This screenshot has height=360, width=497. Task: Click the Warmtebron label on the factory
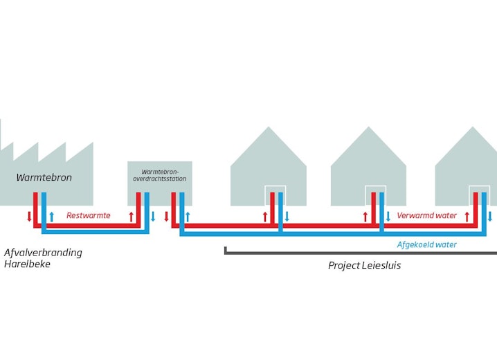click(44, 178)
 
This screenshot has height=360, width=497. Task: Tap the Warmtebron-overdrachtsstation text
click(160, 174)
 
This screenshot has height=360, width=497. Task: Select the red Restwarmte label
click(89, 216)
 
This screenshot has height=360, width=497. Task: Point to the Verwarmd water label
click(426, 216)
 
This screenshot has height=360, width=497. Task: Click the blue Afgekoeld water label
click(426, 244)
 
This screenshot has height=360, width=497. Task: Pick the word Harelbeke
click(28, 264)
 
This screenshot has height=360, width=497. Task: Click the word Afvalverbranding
click(43, 253)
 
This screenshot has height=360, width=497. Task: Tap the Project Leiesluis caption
click(364, 265)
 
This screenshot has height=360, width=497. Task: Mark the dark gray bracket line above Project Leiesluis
click(360, 253)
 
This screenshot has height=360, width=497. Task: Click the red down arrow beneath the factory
click(29, 216)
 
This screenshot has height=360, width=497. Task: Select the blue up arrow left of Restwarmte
click(51, 217)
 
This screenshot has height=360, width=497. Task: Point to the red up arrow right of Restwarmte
click(131, 217)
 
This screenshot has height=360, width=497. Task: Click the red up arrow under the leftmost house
click(265, 217)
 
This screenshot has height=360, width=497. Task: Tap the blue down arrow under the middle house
click(388, 217)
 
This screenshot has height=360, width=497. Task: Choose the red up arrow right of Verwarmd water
click(467, 217)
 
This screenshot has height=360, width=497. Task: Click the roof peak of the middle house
click(369, 128)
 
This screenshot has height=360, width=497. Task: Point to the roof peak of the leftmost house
click(269, 128)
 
